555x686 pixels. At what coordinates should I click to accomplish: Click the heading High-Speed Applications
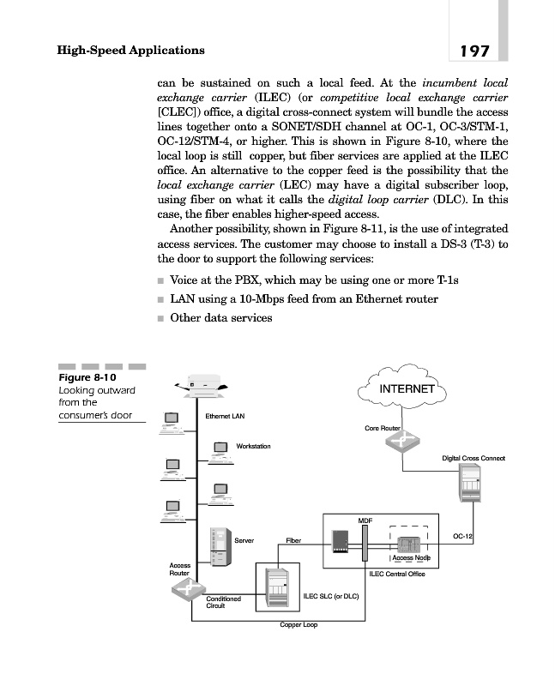coord(130,50)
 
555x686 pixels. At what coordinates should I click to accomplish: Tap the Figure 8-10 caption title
coord(87,377)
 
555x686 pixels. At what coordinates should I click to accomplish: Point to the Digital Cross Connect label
coord(474,459)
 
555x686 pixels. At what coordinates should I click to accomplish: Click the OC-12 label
coord(463,536)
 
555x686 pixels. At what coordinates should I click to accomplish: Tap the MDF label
coord(364,520)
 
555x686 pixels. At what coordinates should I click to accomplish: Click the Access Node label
coord(410,558)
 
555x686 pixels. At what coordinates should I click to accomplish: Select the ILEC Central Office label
coord(397,574)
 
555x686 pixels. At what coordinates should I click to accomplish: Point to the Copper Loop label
coord(299,625)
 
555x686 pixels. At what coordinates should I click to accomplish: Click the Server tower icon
coord(216,545)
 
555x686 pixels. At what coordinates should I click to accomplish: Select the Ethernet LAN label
coord(225,417)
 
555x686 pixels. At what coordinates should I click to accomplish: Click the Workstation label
coord(253,446)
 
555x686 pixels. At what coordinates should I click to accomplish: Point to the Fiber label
coord(293,541)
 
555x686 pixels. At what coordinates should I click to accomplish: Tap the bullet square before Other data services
coord(160,318)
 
